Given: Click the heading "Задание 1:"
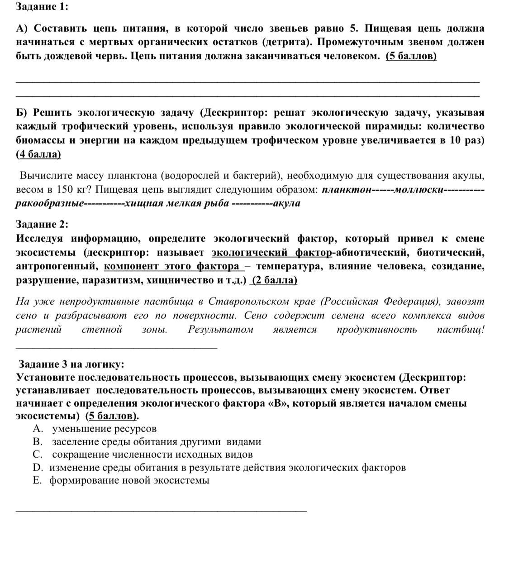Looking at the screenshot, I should [x=42, y=7].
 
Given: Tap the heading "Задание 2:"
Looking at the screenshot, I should [x=42, y=224].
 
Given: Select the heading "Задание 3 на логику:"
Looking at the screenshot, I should [x=71, y=364].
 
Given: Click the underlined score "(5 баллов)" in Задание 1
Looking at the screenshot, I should [x=411, y=56].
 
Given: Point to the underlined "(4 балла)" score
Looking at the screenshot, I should [x=38, y=154].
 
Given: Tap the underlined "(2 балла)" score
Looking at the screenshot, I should [x=274, y=280].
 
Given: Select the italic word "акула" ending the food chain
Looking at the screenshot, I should [x=287, y=203].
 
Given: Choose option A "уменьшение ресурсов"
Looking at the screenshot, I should [x=104, y=428].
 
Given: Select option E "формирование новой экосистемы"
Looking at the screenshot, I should [x=129, y=480].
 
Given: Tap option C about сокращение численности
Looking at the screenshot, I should [x=152, y=454].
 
